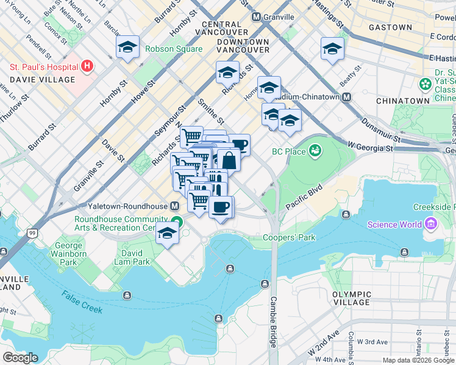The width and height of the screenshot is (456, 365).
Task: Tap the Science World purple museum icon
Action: click(431, 224)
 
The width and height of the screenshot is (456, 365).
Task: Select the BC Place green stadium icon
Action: click(315, 150)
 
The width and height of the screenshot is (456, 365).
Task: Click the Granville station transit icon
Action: click(256, 17)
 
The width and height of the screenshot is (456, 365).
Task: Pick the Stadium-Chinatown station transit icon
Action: click(346, 97)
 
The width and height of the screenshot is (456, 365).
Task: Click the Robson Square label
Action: click(173, 49)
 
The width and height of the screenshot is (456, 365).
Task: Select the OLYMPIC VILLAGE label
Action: click(352, 298)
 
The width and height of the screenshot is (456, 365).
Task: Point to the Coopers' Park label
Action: click(290, 237)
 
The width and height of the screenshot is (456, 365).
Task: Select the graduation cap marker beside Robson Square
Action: click(128, 48)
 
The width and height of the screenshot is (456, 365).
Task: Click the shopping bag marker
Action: click(229, 161)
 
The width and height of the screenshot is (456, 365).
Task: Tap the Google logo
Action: click(20, 358)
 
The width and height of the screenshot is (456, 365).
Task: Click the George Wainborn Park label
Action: click(61, 252)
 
